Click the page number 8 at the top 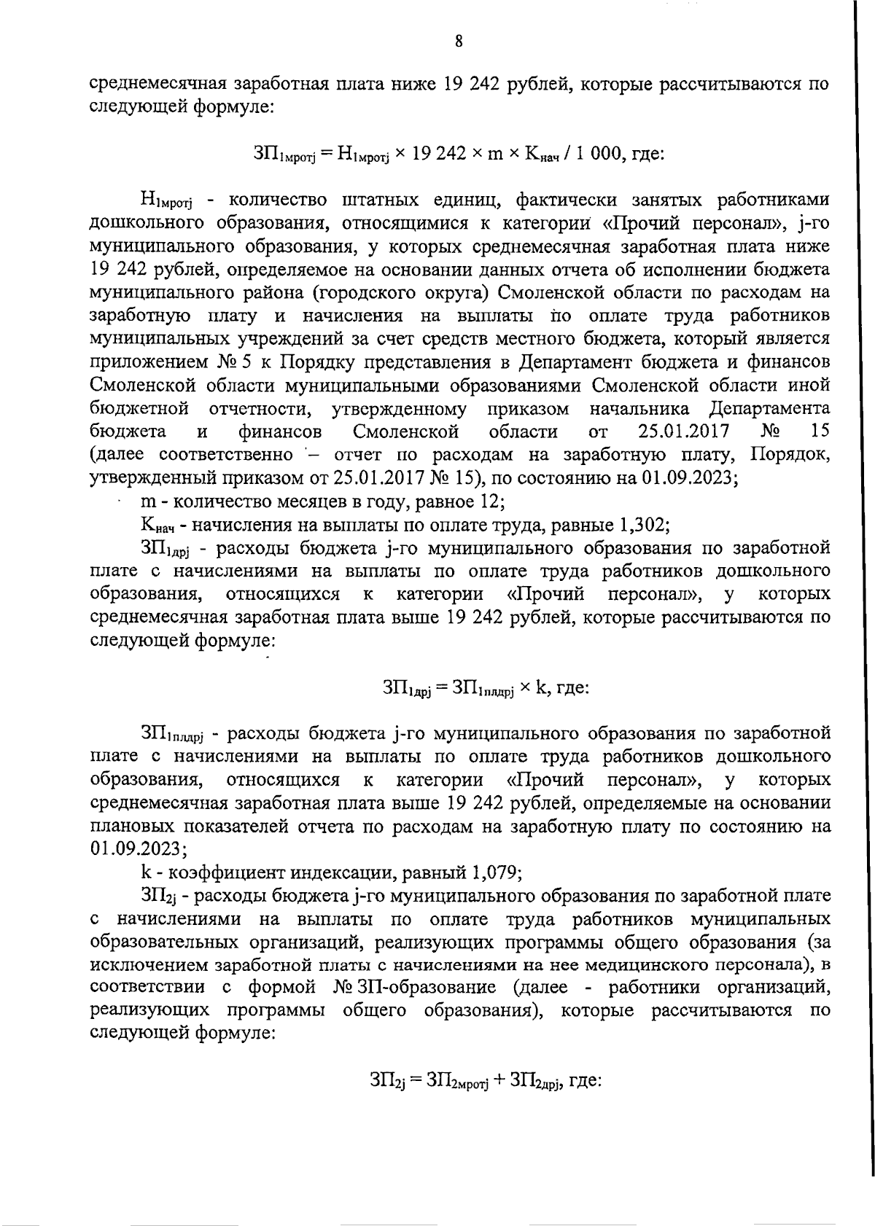(x=459, y=41)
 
